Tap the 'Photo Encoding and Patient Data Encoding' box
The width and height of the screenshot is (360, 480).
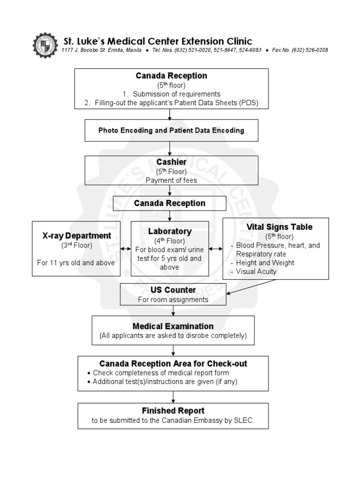pyautogui.click(x=171, y=130)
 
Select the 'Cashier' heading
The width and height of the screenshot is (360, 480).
pyautogui.click(x=171, y=162)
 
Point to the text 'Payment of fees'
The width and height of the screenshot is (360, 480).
pyautogui.click(x=171, y=180)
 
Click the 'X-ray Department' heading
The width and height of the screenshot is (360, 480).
pyautogui.click(x=77, y=236)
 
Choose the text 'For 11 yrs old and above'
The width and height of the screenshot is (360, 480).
pyautogui.click(x=76, y=262)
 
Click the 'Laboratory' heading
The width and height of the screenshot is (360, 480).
pyautogui.click(x=170, y=231)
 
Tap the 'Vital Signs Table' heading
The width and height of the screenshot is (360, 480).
pyautogui.click(x=279, y=227)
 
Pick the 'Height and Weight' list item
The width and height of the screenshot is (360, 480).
pyautogui.click(x=265, y=262)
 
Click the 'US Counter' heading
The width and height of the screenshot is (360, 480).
pyautogui.click(x=173, y=290)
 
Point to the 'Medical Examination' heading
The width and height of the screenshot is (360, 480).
pyautogui.click(x=173, y=326)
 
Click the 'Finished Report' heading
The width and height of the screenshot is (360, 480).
pyautogui.click(x=173, y=411)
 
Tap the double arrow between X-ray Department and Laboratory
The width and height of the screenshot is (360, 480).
pyautogui.click(x=126, y=249)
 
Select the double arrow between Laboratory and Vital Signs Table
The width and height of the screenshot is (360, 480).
pyautogui.click(x=216, y=249)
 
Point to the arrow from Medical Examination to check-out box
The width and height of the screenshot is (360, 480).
pyautogui.click(x=173, y=350)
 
